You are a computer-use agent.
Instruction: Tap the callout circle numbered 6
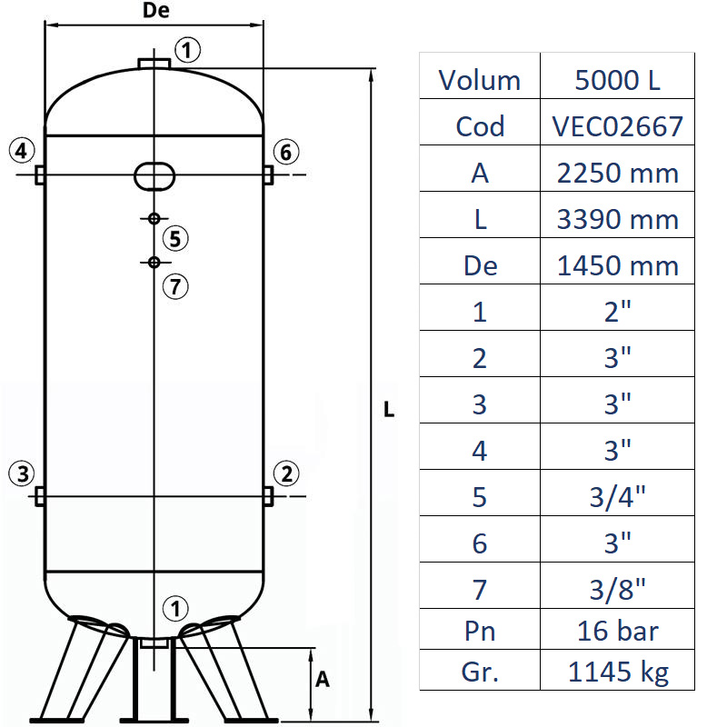coord(285,152)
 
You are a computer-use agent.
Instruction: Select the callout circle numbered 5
coord(175,239)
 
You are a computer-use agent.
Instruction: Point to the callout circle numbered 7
coord(175,286)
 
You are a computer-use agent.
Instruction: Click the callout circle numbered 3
coord(23,473)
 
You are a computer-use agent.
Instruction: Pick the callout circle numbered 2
coord(286,473)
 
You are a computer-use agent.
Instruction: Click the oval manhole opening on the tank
coord(154,174)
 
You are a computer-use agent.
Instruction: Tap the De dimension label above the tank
coord(157,12)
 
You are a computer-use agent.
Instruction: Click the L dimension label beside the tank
coord(389,410)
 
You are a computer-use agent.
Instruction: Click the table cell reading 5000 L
coord(617,80)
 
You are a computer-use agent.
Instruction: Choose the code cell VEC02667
coord(617,125)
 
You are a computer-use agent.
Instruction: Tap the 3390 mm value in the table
coord(617,219)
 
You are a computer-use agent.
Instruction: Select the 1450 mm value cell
coord(617,265)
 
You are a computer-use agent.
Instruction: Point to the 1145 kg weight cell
coord(617,672)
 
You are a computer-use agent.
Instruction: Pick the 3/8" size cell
coord(617,589)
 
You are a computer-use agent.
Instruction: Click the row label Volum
coord(479,80)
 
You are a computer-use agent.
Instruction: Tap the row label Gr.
coord(479,672)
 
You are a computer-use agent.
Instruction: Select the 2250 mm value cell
coord(617,173)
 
